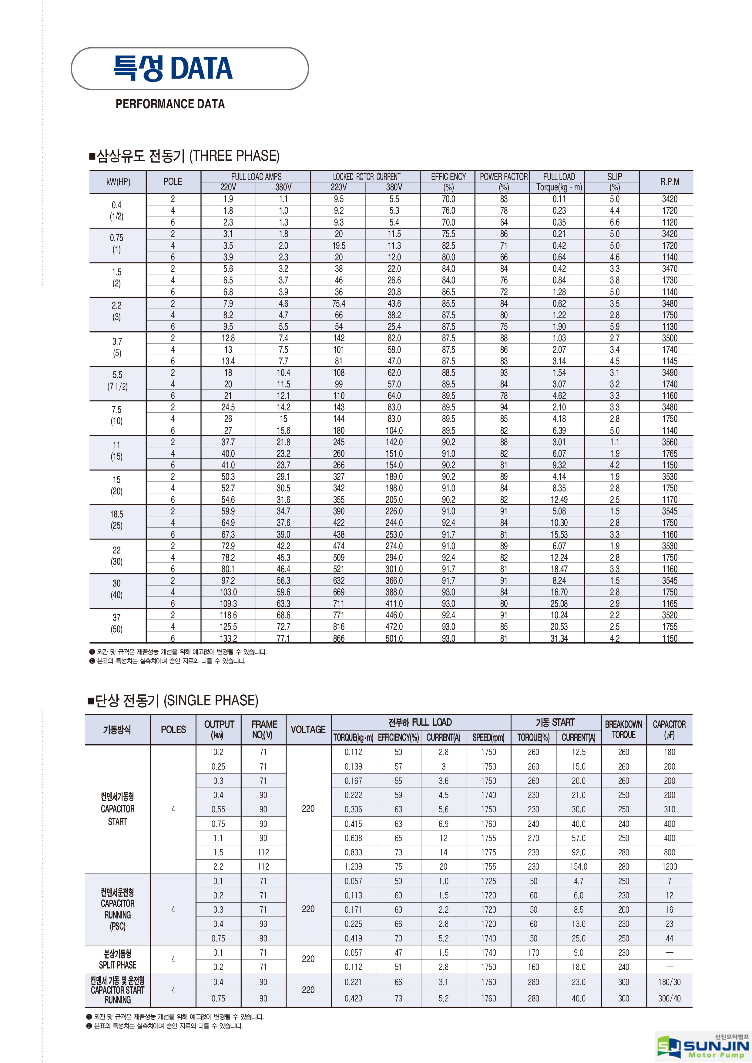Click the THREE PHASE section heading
pyautogui.click(x=184, y=156)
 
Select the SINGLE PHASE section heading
pyautogui.click(x=173, y=700)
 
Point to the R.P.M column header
pyautogui.click(x=669, y=182)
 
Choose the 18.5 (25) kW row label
pyautogui.click(x=117, y=520)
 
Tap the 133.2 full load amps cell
pyautogui.click(x=228, y=638)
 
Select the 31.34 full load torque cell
pyautogui.click(x=559, y=638)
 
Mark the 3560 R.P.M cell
pyautogui.click(x=669, y=442)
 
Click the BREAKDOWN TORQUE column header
pyautogui.click(x=623, y=729)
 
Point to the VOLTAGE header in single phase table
pyautogui.click(x=308, y=729)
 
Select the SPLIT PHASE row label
pyautogui.click(x=118, y=959)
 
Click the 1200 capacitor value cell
pyautogui.click(x=669, y=866)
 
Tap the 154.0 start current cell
pyautogui.click(x=578, y=866)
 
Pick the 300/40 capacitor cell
pyautogui.click(x=669, y=998)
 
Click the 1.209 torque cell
pyautogui.click(x=353, y=866)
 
